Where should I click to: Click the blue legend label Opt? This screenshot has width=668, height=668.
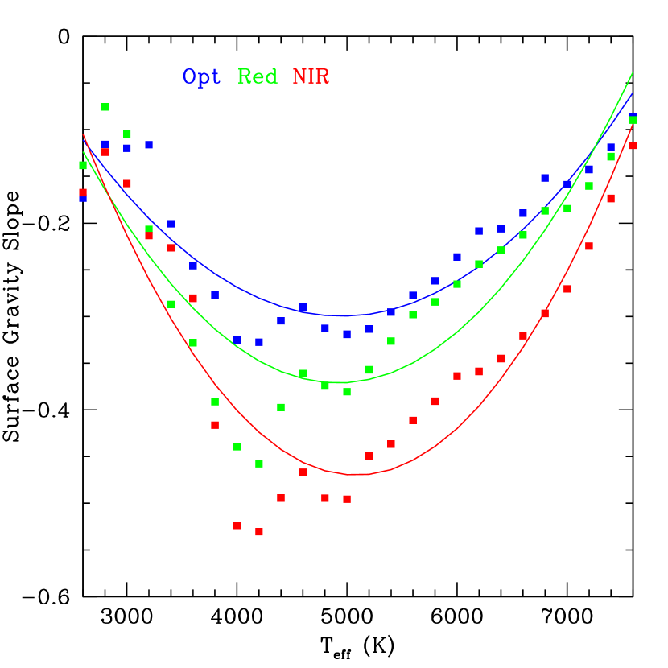201,77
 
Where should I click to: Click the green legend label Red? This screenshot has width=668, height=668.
258,77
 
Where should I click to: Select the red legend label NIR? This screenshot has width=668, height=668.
311,77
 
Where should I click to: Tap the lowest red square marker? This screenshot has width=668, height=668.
259,532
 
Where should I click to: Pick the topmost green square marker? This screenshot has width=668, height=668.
105,107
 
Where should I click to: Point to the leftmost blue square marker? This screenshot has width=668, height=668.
83,198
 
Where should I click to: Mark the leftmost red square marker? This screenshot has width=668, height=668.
83,192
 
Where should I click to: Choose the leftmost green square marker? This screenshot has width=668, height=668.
83,166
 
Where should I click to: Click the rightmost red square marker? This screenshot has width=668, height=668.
633,146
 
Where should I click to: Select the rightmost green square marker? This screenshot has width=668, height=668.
633,120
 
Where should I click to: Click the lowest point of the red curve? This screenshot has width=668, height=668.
357,475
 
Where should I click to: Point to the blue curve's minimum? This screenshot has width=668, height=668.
344,315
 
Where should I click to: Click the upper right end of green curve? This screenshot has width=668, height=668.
633,72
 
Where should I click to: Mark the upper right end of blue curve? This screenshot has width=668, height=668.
633,93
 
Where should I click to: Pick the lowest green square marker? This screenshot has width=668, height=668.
259,464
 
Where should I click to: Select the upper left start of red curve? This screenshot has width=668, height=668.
83,134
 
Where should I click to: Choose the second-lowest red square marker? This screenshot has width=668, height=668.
237,526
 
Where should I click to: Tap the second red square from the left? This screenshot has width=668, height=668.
105,151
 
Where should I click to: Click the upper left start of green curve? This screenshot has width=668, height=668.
83,152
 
